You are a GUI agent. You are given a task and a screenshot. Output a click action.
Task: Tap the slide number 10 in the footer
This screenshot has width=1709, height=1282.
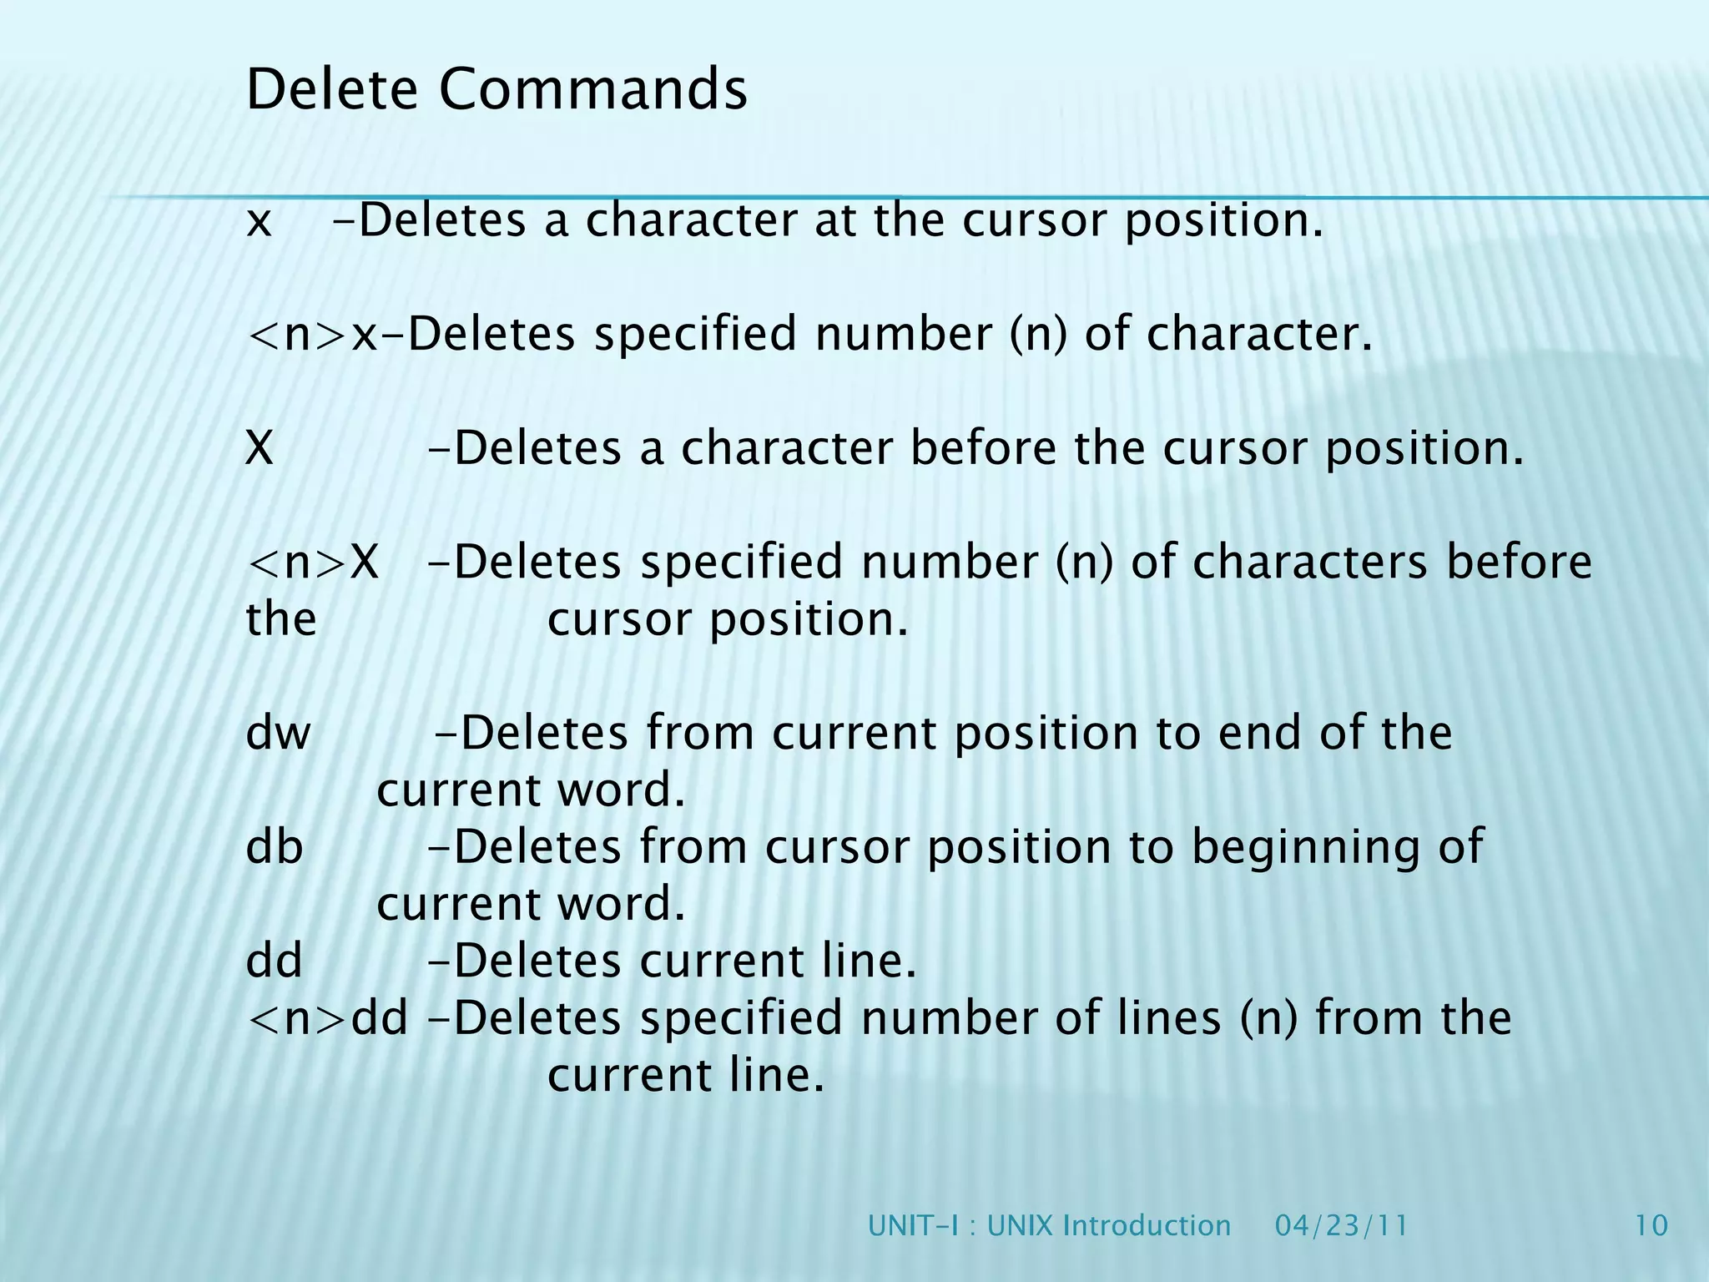pos(1650,1225)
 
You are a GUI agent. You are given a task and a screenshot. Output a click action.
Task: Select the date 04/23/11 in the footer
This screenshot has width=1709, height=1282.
pos(1341,1225)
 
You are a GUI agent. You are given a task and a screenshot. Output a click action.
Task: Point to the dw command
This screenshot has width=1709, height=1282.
pos(278,734)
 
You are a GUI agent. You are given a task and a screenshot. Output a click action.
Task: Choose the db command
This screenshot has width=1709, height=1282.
pos(274,847)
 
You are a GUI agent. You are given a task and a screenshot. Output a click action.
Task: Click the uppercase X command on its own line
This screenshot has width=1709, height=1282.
pos(260,448)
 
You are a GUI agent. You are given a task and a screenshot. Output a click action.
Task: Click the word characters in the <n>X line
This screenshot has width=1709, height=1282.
pos(1310,562)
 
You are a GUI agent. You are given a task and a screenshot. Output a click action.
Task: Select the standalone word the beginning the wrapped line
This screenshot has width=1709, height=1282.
pos(281,620)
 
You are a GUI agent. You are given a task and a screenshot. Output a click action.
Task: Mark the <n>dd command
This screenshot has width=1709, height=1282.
pos(328,1018)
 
